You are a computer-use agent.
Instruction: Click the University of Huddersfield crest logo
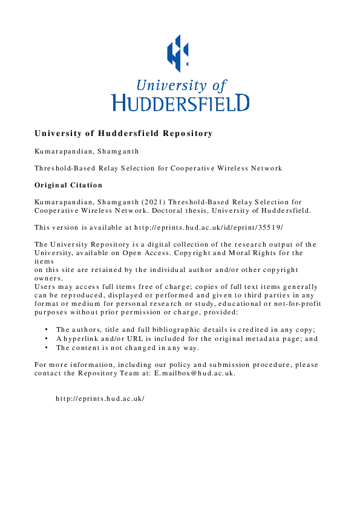click(x=178, y=51)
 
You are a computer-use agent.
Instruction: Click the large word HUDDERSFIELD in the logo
click(x=180, y=102)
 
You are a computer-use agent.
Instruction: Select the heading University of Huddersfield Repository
click(x=123, y=133)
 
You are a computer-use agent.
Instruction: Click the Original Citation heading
click(x=68, y=185)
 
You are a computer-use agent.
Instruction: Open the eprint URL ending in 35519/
click(x=209, y=227)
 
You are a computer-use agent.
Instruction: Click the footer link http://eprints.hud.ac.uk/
click(x=100, y=398)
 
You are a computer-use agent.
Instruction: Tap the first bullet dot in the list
click(x=47, y=329)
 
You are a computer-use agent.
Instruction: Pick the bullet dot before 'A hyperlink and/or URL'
click(x=47, y=339)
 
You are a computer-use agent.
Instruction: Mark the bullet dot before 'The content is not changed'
click(x=47, y=348)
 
